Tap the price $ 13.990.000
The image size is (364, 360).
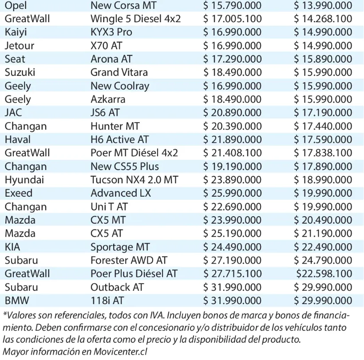[323, 6]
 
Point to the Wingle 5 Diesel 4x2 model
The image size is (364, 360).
[135, 19]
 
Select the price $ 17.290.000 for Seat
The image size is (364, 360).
[232, 59]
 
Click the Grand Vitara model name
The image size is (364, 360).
[119, 72]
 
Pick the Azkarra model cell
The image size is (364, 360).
[108, 99]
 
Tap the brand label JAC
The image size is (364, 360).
[13, 113]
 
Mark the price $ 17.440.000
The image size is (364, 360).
[323, 126]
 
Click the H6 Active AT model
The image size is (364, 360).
[119, 139]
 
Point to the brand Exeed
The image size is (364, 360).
[19, 193]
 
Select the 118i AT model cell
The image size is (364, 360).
[107, 301]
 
